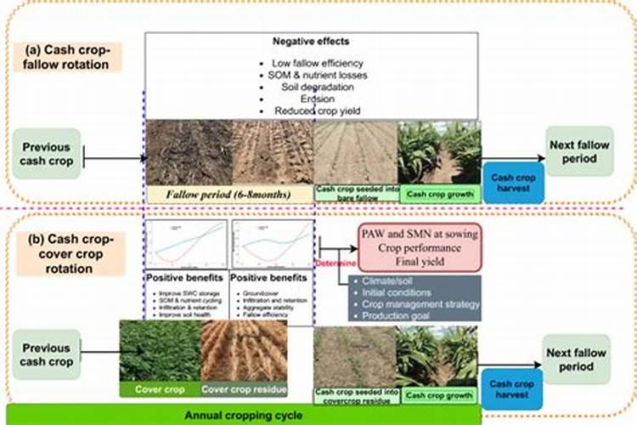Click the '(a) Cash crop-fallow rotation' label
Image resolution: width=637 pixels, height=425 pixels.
[x=70, y=56]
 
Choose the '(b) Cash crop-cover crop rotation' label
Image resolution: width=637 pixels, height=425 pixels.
[x=70, y=253]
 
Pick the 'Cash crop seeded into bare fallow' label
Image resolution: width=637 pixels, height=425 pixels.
[x=357, y=194]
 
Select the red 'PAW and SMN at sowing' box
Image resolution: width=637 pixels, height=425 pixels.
[x=417, y=246]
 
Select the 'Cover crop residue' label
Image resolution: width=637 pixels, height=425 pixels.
[x=243, y=389]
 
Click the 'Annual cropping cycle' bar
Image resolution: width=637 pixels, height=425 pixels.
[x=242, y=416]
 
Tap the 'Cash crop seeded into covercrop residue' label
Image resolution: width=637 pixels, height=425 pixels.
[x=357, y=394]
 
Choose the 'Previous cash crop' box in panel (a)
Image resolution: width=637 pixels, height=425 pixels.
[x=47, y=154]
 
